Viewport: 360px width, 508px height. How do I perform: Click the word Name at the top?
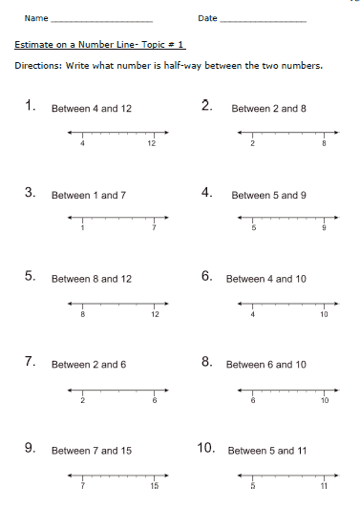[35, 18]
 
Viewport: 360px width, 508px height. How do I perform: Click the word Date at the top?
[207, 18]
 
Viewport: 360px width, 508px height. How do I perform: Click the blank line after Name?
[100, 21]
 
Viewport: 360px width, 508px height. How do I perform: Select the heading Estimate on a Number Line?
[100, 44]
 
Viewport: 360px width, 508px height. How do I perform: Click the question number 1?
[31, 107]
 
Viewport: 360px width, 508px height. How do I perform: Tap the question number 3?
[31, 193]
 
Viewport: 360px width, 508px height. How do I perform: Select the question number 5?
[31, 277]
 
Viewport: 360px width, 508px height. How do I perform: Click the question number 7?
[31, 363]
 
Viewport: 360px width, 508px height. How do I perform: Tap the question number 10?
[206, 448]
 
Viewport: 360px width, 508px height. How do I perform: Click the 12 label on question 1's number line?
[151, 143]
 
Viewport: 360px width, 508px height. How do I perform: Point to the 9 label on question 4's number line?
[325, 229]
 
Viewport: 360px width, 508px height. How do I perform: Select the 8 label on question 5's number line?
[83, 313]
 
